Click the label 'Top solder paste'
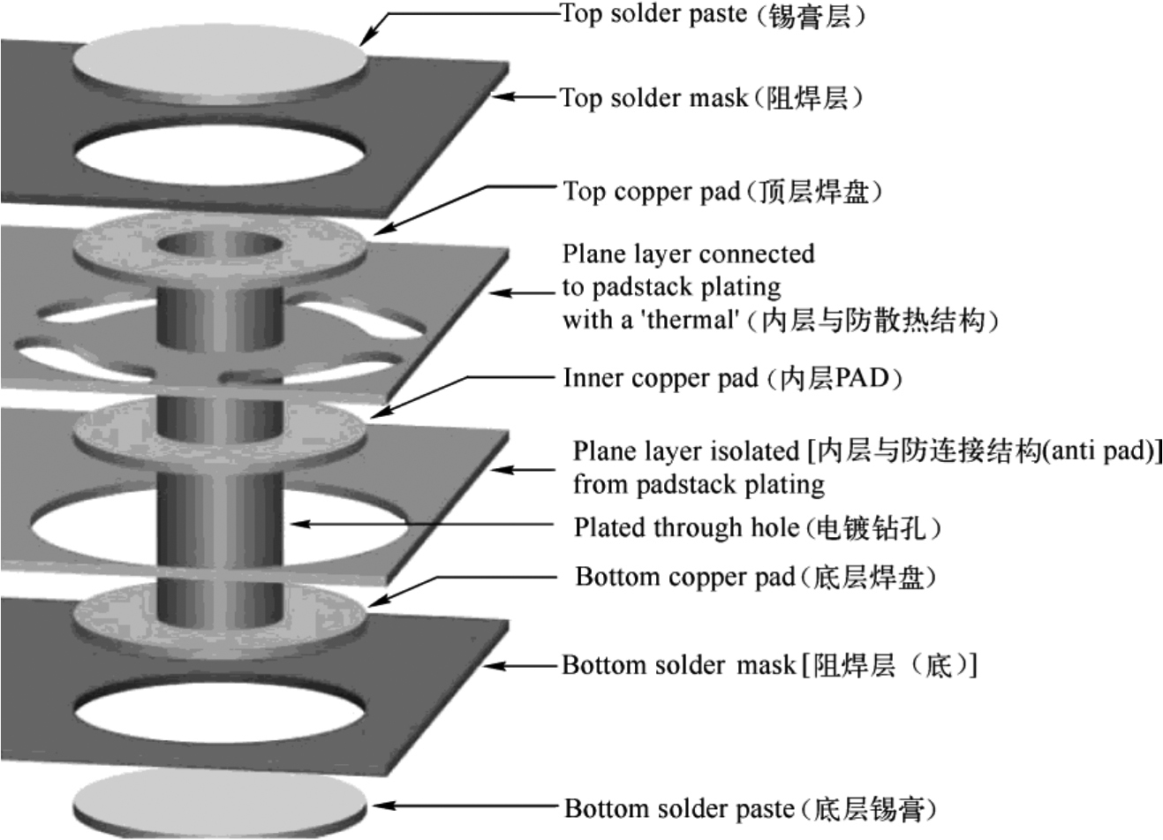click(653, 15)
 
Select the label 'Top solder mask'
click(653, 98)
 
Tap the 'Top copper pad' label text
click(652, 192)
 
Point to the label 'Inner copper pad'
click(660, 378)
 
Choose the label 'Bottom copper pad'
click(685, 577)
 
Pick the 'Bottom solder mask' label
click(678, 664)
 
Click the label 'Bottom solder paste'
click(678, 808)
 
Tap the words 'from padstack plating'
click(699, 484)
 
